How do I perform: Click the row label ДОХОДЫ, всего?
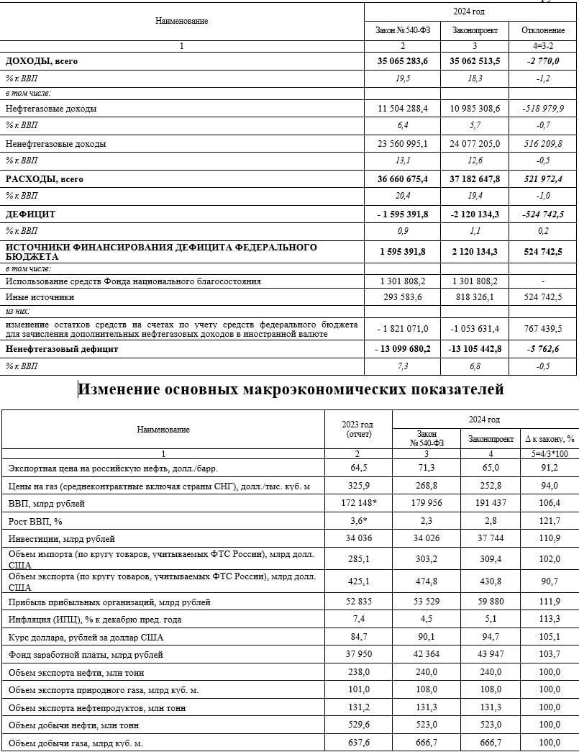click(x=42, y=61)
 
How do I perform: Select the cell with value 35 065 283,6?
click(x=403, y=61)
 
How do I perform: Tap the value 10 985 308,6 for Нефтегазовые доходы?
click(x=475, y=109)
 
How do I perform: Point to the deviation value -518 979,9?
click(x=543, y=109)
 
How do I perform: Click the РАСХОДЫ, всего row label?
click(x=45, y=179)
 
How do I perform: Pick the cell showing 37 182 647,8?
click(x=475, y=179)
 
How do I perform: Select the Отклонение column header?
click(x=543, y=30)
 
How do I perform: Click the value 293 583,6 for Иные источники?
click(x=403, y=296)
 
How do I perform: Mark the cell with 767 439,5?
click(x=543, y=328)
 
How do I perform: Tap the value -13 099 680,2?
click(x=403, y=349)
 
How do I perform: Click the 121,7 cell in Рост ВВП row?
click(x=550, y=520)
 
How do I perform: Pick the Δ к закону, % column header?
click(x=550, y=438)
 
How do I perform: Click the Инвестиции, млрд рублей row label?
click(x=62, y=538)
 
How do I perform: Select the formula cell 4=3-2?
click(x=543, y=46)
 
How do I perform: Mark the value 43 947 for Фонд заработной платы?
click(x=491, y=655)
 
